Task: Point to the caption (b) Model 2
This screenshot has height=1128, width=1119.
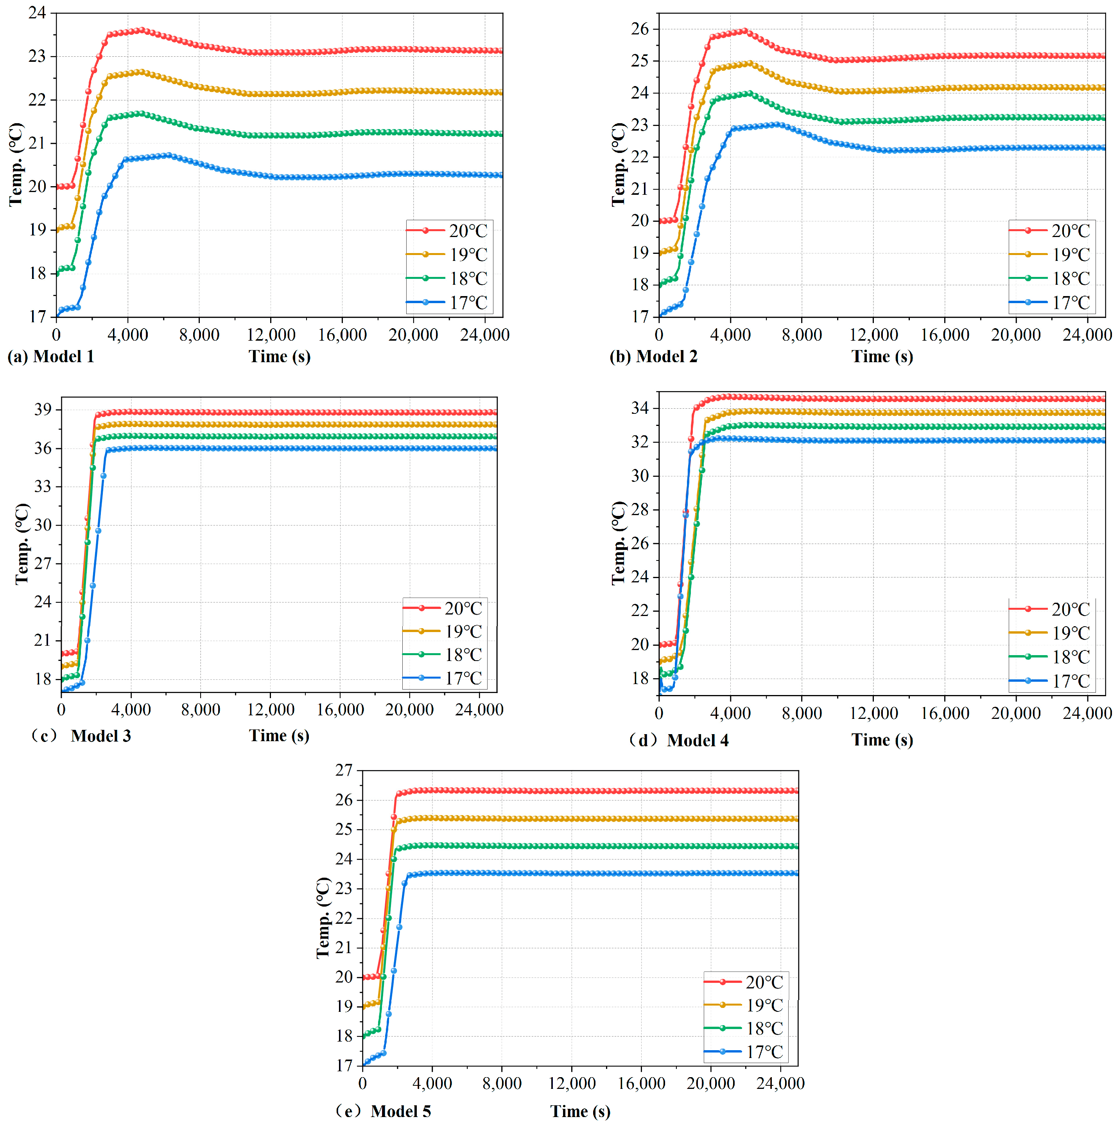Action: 653,356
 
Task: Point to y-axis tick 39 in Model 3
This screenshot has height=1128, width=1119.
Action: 43,409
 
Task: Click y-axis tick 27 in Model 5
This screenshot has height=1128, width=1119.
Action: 344,770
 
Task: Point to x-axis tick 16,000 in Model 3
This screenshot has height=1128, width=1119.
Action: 340,709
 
